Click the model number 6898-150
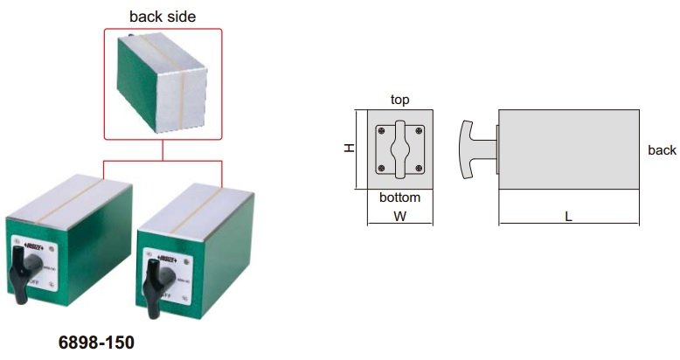pos(97,343)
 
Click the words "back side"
pos(163,16)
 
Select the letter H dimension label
pos(349,149)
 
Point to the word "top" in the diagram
pos(400,100)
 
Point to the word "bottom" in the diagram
pos(399,197)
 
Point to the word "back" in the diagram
pos(662,150)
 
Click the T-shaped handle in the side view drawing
pos(473,149)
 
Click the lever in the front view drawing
pos(400,148)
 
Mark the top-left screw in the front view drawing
pos(381,129)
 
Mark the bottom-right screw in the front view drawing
pos(420,168)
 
